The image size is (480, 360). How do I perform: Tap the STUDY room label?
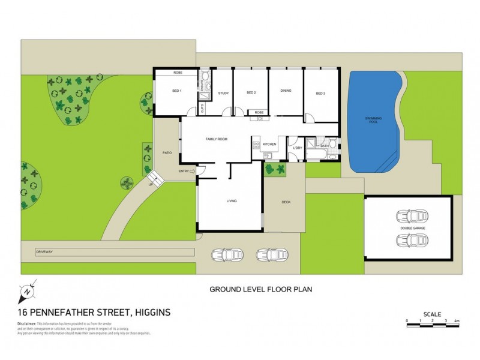(x=223, y=92)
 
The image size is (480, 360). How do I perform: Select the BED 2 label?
(x=251, y=92)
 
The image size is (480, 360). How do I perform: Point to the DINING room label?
(x=286, y=91)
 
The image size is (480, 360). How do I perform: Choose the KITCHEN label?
(x=268, y=145)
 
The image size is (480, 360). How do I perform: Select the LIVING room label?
(x=232, y=200)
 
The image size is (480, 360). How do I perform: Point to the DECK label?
(x=286, y=202)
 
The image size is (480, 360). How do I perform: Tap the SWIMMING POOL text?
(x=373, y=121)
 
